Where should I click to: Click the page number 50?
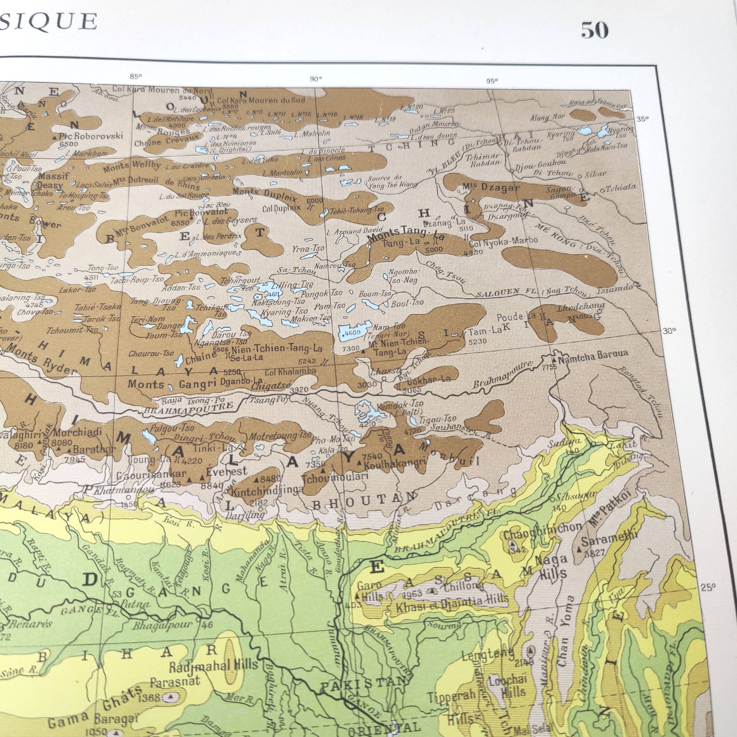pos(594,30)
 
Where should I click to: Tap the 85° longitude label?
pos(135,76)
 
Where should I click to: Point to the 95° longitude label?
pos(492,81)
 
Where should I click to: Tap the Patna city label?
pos(135,604)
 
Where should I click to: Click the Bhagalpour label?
pos(162,626)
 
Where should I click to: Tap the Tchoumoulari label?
pos(335,477)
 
